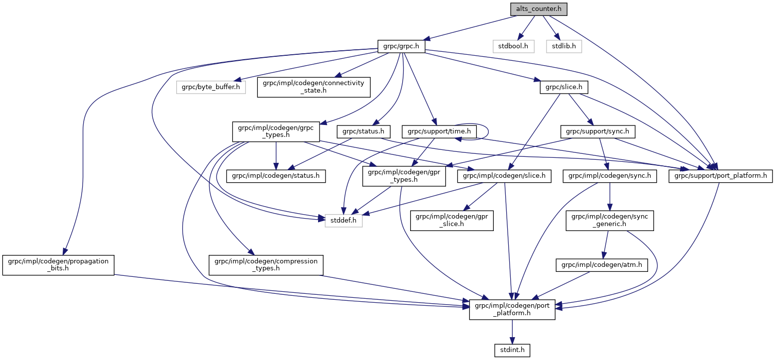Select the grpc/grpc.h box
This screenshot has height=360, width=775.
tap(401, 47)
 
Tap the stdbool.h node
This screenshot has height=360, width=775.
tap(513, 47)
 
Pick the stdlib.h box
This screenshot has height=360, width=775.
tap(563, 47)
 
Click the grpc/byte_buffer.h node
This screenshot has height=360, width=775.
tap(211, 87)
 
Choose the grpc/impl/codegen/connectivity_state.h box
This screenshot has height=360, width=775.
tap(314, 87)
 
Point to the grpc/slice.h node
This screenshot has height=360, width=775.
tap(564, 87)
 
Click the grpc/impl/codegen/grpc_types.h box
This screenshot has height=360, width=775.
tap(276, 131)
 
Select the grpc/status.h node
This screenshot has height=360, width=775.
tap(363, 131)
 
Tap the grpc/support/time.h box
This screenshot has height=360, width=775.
tap(439, 131)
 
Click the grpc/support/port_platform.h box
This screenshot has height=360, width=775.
tap(720, 176)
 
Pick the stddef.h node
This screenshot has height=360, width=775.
tap(343, 220)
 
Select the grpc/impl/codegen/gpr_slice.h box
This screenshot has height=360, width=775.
tap(451, 220)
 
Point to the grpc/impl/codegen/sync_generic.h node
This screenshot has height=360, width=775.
tap(609, 220)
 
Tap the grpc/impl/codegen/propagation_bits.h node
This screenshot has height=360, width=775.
tap(58, 265)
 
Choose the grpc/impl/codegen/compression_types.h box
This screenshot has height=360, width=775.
tap(266, 265)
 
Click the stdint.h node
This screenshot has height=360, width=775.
tap(512, 350)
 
